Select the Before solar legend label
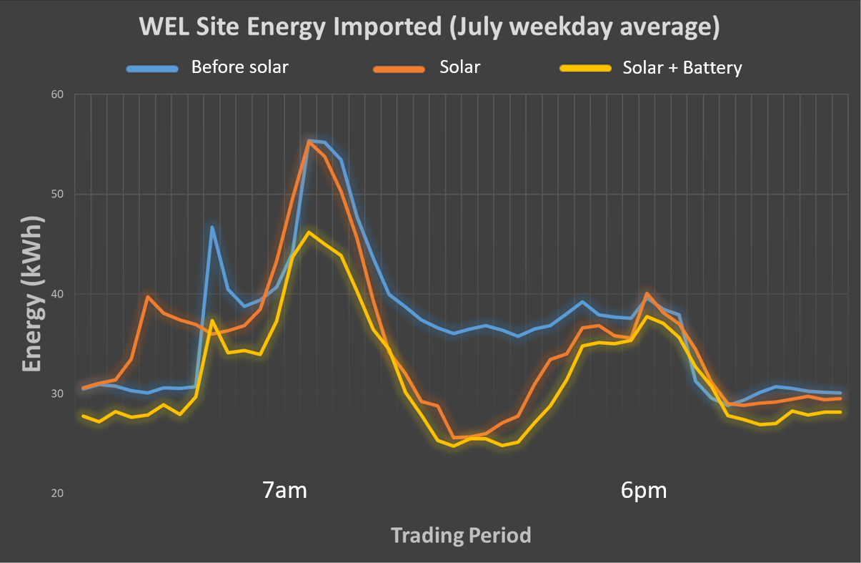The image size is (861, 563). [239, 68]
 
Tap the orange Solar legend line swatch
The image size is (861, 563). [397, 69]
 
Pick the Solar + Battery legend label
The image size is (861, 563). [682, 68]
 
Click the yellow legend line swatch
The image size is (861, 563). [585, 69]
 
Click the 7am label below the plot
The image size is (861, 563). [284, 491]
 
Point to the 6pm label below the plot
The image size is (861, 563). [644, 491]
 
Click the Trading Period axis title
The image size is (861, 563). [461, 535]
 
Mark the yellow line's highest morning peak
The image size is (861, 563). [308, 232]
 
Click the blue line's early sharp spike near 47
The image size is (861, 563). [212, 227]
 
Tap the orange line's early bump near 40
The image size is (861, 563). [148, 296]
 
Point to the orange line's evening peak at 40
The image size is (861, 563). [647, 293]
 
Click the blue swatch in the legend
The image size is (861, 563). [151, 69]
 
